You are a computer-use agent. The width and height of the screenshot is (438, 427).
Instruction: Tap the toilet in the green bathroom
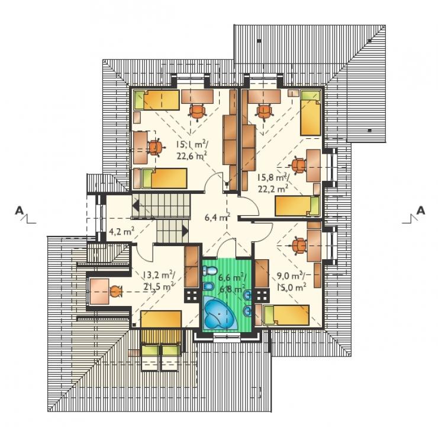pos(210,271)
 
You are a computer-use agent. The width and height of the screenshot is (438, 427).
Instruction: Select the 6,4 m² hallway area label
pos(217,217)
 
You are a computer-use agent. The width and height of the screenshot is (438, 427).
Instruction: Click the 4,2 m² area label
pos(121,232)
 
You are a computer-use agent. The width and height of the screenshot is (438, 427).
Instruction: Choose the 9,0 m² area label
pos(291,276)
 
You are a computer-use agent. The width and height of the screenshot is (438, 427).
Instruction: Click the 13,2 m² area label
pos(159,275)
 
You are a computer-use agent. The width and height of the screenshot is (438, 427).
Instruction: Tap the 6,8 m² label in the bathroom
pos(233,288)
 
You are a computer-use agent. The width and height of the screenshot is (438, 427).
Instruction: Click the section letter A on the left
pos(20,210)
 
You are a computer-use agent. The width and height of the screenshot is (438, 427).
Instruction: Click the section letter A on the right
pos(420,210)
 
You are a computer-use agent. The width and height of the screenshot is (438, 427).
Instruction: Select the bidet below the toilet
pos(208,286)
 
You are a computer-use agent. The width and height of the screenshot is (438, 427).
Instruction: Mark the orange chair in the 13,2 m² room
pos(115,292)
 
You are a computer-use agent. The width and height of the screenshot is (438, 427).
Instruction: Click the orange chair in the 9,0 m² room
pos(299,246)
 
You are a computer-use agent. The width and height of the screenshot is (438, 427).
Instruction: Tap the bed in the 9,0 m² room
pos(283,315)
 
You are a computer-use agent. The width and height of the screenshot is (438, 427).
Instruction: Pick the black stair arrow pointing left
pos(136,206)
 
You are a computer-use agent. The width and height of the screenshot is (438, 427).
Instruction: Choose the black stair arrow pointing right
pos(185,231)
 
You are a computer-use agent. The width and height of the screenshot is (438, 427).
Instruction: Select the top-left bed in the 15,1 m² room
pos(156,100)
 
